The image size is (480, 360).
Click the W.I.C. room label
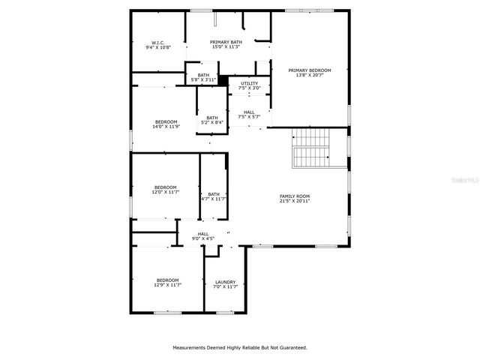tap(157, 43)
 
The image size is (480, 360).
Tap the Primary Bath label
tap(225, 43)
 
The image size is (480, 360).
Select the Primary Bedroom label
tap(310, 70)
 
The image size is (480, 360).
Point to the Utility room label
tap(249, 83)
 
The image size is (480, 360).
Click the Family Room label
tap(294, 196)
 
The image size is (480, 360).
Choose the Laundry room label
tap(225, 282)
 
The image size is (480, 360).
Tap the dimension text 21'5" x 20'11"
tap(294, 201)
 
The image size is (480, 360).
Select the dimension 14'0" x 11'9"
tap(166, 126)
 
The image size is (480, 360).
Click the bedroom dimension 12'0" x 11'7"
tap(166, 192)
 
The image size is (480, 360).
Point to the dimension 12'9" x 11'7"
tap(167, 285)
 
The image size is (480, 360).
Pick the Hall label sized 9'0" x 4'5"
tap(203, 234)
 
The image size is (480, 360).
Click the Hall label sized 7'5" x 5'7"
tap(249, 112)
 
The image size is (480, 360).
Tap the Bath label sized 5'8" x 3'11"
tap(203, 75)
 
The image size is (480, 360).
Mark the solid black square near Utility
tap(223, 77)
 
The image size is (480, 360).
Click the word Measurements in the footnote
tap(191, 347)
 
